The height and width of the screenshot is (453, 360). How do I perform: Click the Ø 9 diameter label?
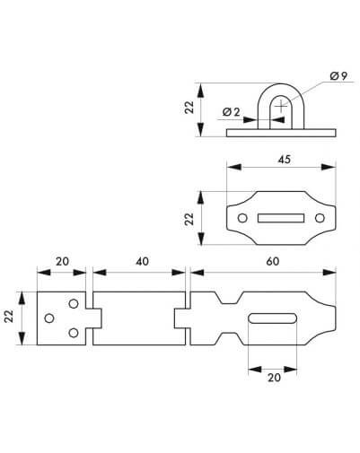tap(338, 76)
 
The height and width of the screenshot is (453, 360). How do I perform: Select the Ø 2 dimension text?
tap(231, 112)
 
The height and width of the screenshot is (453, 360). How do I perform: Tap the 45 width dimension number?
tap(284, 160)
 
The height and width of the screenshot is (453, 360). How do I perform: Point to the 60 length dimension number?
tap(273, 261)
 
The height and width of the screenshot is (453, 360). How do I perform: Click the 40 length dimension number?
tap(142, 261)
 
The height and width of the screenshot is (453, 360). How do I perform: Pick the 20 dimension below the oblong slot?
tap(274, 378)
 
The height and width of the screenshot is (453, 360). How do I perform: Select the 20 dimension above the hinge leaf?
tap(62, 261)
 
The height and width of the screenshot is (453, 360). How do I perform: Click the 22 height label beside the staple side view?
tap(189, 107)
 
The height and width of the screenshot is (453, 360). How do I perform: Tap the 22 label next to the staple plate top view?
tap(189, 219)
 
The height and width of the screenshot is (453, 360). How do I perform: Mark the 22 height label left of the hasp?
tap(9, 316)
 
